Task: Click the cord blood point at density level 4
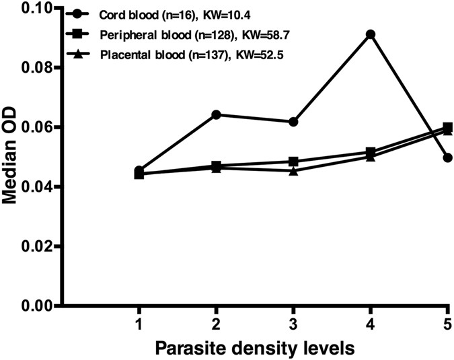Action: point(370,34)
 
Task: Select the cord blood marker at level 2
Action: point(217,114)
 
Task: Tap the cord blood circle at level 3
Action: point(293,122)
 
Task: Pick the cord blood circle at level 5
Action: point(447,157)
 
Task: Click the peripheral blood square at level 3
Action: point(293,161)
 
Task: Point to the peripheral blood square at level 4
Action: point(370,152)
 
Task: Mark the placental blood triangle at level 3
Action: point(293,171)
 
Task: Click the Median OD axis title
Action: point(12,157)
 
